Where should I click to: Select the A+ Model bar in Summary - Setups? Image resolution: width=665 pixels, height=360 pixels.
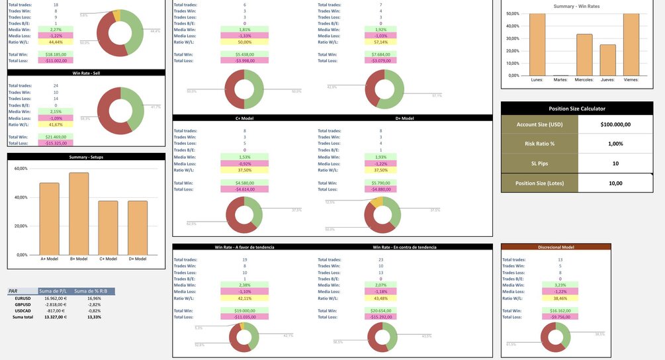point(49,218)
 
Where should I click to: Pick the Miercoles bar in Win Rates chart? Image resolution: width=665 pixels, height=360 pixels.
point(584,55)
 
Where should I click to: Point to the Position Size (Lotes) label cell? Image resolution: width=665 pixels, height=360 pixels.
point(540,183)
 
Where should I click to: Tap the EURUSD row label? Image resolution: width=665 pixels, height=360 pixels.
point(23,298)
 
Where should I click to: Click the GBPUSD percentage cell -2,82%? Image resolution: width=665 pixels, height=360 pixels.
point(94,304)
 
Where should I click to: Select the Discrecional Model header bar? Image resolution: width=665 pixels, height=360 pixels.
point(556,247)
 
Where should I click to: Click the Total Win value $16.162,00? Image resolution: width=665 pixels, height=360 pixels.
point(555,310)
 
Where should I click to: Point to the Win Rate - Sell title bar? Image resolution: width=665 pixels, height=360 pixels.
point(85,73)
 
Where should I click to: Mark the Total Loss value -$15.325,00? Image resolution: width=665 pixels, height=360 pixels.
point(55,143)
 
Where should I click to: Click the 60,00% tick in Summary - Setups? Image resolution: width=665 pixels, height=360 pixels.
point(21,169)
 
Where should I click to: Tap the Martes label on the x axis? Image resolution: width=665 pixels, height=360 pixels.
point(560,80)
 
